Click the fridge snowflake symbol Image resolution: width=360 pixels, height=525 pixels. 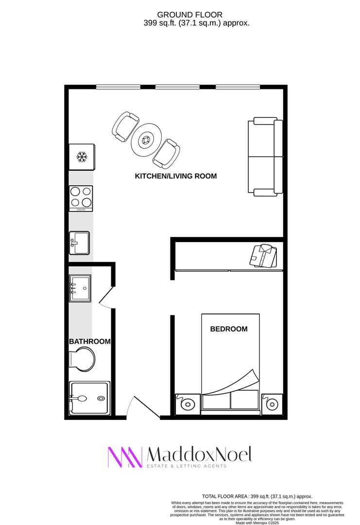coord(82,157)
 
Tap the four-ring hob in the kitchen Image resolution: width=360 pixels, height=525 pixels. coord(81,198)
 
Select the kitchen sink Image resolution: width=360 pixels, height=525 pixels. coord(79,243)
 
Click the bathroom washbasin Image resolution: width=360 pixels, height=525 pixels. coord(80,288)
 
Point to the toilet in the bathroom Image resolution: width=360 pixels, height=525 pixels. coord(82,359)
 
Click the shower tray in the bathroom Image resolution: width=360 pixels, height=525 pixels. coord(89,399)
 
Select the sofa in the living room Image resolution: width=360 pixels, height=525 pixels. coord(266,157)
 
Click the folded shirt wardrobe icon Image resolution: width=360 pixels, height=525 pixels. coord(263,256)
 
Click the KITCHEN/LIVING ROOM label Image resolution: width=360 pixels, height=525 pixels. coord(176,176)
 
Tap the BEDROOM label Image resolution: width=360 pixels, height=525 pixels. coord(229,329)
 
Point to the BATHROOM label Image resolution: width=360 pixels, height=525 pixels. coord(90,341)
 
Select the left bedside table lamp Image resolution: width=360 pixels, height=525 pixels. coord(188,403)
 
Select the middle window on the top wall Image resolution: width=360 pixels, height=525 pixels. coord(178,87)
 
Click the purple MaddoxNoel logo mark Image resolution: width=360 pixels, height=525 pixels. coord(125,457)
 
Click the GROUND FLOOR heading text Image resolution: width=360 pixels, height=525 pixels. coord(189,15)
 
